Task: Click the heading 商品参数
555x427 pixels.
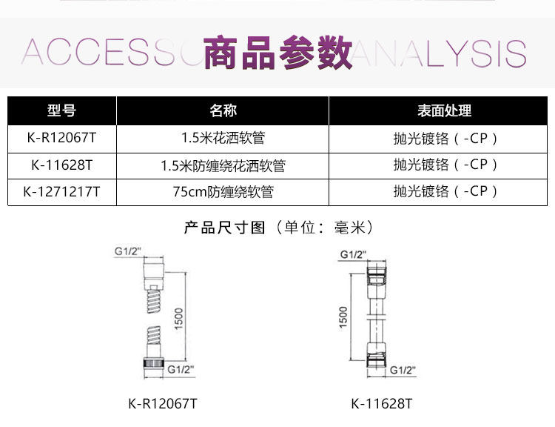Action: click(x=277, y=53)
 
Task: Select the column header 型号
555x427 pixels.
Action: click(x=61, y=111)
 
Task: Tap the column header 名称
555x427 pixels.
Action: click(x=223, y=111)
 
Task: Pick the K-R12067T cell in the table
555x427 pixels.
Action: click(x=61, y=138)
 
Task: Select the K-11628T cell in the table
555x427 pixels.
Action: click(x=61, y=165)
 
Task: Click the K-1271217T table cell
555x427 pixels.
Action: click(x=61, y=191)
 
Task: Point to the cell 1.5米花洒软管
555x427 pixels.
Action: click(x=223, y=138)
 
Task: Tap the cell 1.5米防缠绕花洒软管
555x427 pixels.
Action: click(x=223, y=165)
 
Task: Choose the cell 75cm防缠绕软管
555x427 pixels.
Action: click(x=223, y=191)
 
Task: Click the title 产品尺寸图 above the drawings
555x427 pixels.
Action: click(x=224, y=227)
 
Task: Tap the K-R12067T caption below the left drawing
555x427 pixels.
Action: click(x=162, y=403)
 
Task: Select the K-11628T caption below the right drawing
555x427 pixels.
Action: click(x=381, y=403)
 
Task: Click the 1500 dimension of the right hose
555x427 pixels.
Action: click(x=342, y=318)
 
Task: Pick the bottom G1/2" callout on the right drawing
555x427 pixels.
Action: click(x=403, y=370)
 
